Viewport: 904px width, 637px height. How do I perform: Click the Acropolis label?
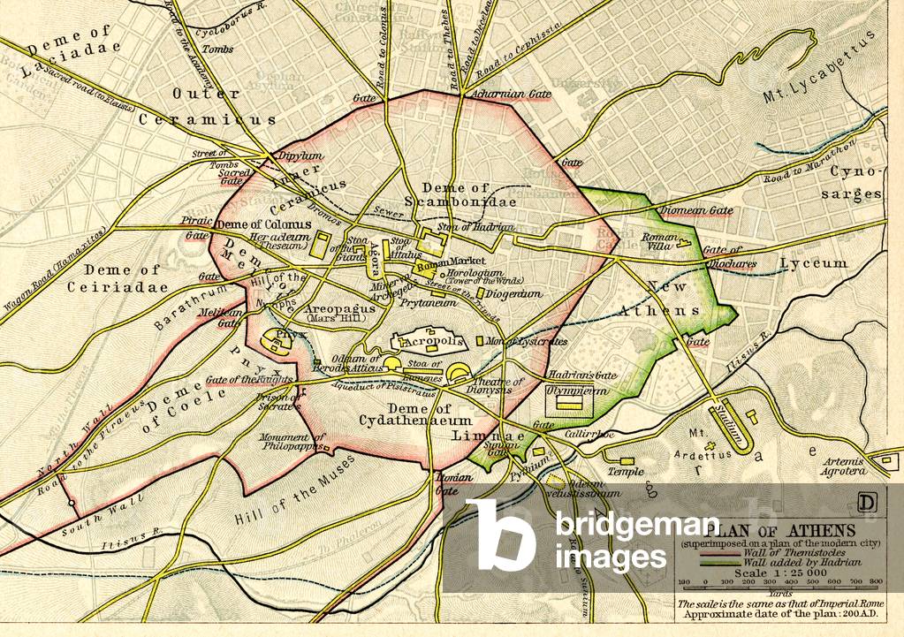tap(435, 341)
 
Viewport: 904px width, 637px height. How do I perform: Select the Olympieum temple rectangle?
tap(567, 403)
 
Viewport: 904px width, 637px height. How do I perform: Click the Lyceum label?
tap(813, 263)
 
